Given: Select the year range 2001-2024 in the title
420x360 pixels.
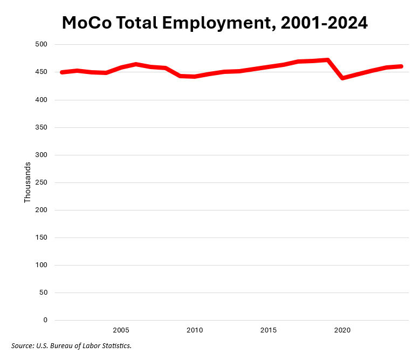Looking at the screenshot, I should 322,23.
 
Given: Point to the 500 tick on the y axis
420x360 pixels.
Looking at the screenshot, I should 41,44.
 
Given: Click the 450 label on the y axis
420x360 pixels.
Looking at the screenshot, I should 41,72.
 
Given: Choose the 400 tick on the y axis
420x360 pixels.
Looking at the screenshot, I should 41,100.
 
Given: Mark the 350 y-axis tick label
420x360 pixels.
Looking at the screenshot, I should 41,127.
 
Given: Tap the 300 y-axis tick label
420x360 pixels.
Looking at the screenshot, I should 41,155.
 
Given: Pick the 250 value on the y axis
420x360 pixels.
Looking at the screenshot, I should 41,182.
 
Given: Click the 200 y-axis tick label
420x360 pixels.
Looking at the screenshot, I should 41,210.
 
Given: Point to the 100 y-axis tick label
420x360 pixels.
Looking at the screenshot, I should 41,265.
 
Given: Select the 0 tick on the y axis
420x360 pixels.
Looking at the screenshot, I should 45,320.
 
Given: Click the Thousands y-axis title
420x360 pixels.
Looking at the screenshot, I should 28,182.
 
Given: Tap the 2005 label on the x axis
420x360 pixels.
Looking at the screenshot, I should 121,330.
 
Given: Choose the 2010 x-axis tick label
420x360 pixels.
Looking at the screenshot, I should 194,330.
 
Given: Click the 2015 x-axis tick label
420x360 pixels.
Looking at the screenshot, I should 268,330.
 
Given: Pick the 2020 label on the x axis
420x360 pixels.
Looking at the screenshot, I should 342,330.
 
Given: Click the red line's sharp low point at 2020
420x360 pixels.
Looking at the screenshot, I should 342,78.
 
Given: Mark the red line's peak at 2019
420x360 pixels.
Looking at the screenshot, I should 327,60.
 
